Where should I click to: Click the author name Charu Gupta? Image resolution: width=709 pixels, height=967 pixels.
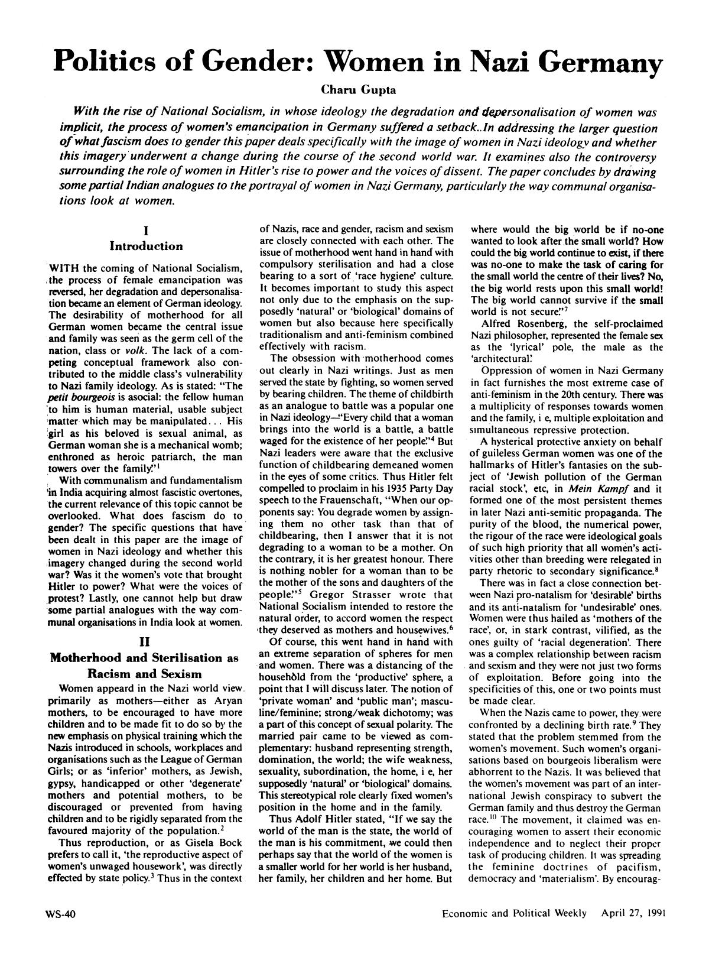(354, 90)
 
